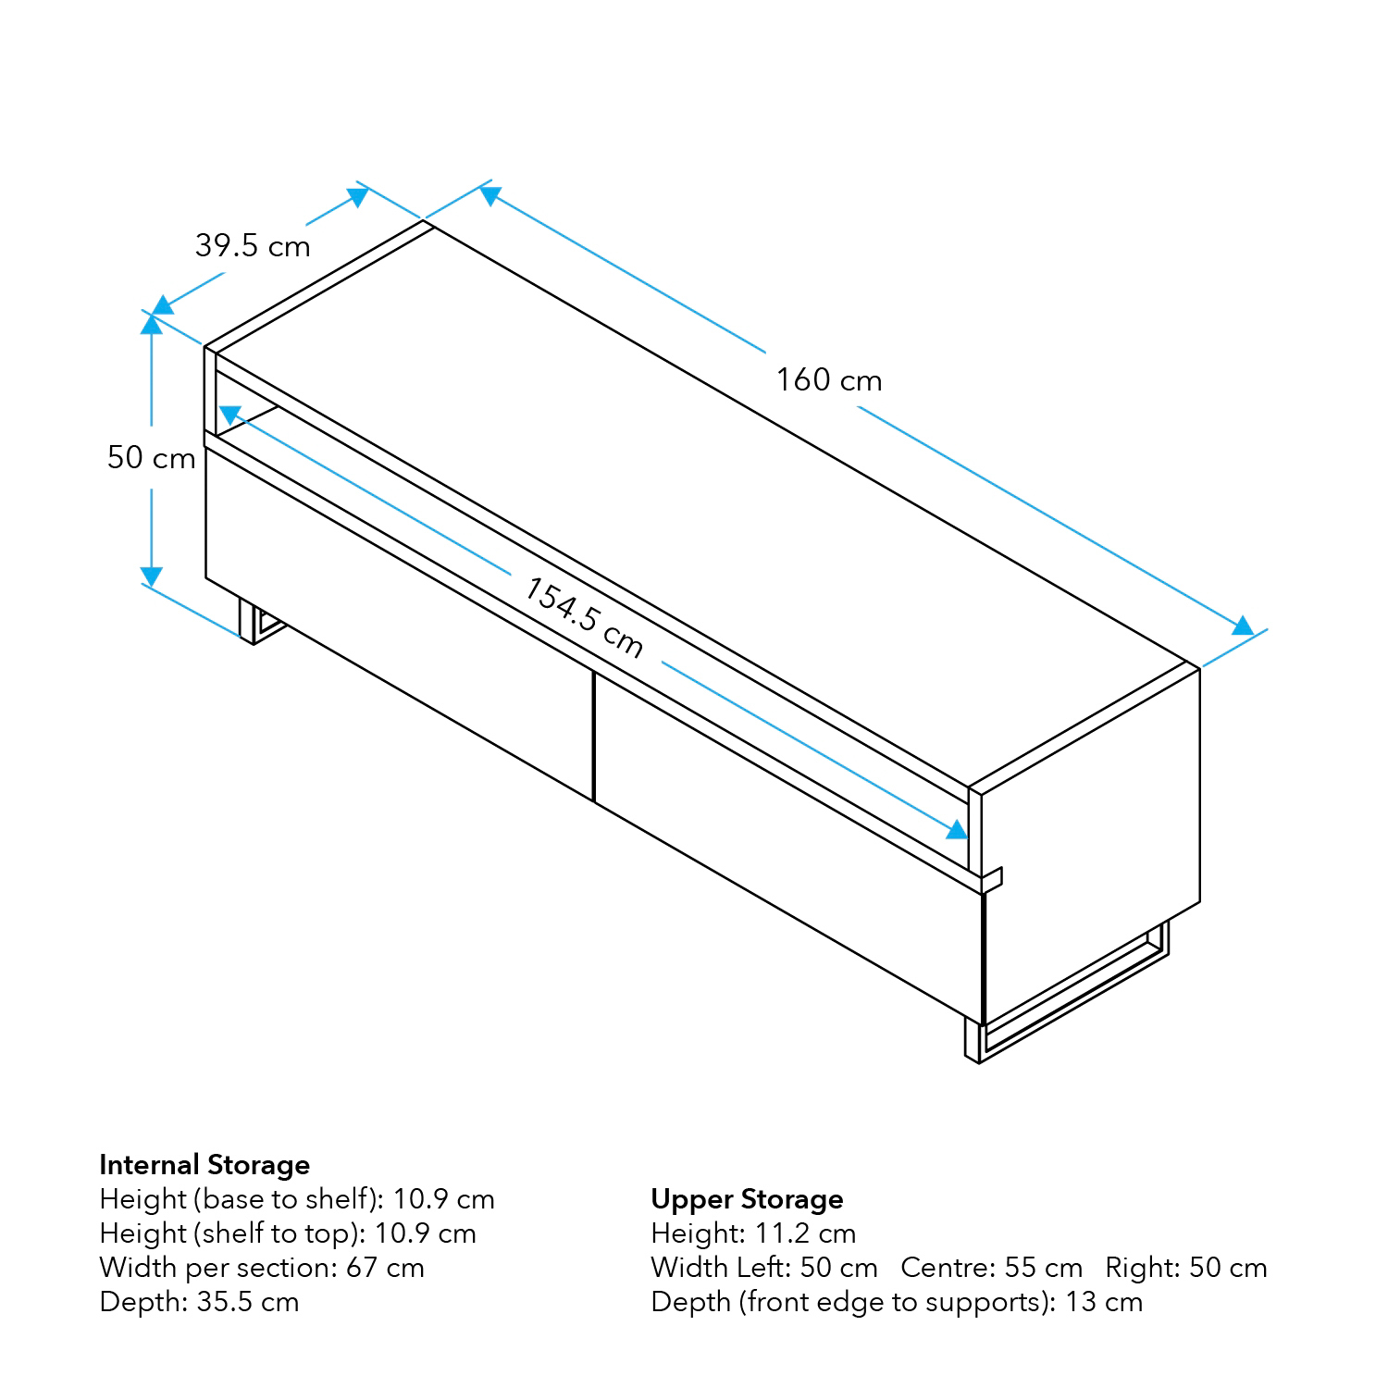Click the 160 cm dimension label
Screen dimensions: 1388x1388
tap(828, 380)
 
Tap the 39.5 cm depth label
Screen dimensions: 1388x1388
tap(253, 246)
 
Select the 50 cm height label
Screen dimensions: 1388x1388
tap(151, 458)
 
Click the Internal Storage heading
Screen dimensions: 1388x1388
tap(204, 1164)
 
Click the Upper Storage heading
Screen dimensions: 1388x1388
tap(747, 1199)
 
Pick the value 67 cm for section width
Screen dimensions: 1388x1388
tap(385, 1267)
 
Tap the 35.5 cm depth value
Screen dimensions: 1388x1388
tap(247, 1302)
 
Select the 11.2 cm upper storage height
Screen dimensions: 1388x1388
tap(804, 1233)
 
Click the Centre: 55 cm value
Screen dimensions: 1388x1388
tap(991, 1268)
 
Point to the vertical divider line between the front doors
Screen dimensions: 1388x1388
tap(592, 735)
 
